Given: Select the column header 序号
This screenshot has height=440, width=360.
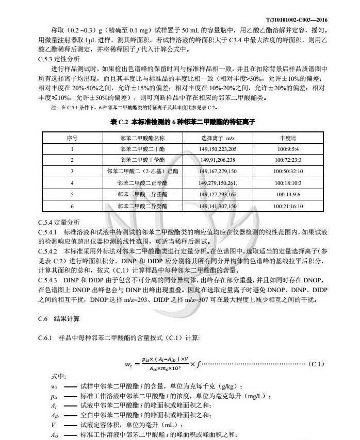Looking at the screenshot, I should [72, 138].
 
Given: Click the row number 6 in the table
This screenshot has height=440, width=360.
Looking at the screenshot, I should [72, 206].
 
